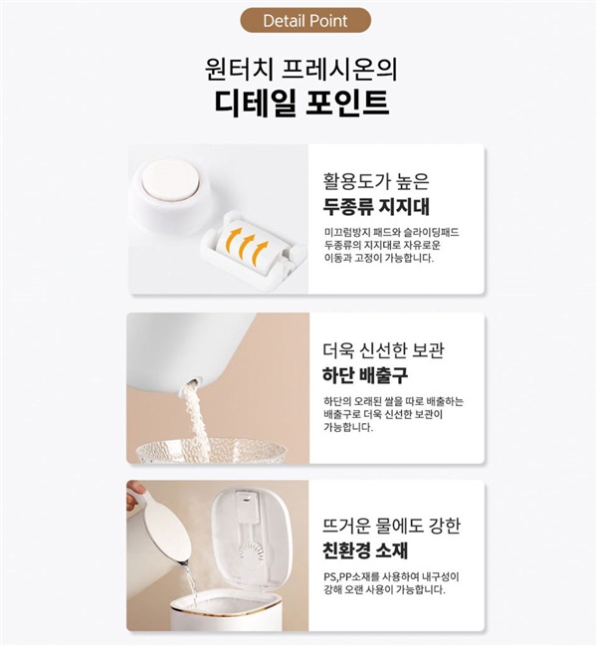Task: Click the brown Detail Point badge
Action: tap(305, 20)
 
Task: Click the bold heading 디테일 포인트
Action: tap(301, 103)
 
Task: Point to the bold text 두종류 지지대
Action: tap(376, 206)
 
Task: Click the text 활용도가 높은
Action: tap(376, 181)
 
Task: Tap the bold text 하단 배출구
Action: tap(365, 375)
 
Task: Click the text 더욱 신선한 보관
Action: tap(384, 349)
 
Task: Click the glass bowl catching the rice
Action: tap(211, 450)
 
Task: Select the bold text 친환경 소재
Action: tap(365, 550)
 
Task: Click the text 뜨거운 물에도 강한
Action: tap(391, 526)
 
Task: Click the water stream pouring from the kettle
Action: tap(190, 581)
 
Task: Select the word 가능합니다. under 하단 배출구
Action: tap(348, 427)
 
